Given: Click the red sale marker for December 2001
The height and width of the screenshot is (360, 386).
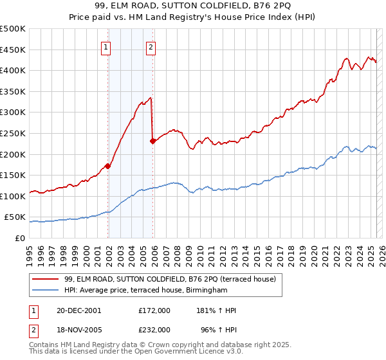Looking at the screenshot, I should click(108, 166).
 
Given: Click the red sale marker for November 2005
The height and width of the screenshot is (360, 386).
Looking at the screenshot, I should click(152, 141).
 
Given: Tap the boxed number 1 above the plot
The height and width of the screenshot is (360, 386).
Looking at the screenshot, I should click(106, 46).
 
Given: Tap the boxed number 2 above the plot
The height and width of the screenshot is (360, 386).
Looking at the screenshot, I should click(151, 46).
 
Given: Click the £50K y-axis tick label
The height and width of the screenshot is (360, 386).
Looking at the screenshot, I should click(15, 217).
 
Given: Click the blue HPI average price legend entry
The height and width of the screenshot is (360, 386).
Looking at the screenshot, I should click(146, 291).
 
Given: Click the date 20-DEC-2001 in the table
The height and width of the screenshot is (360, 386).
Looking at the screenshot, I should click(78, 310).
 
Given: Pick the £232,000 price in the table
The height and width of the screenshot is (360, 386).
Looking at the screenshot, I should click(154, 330).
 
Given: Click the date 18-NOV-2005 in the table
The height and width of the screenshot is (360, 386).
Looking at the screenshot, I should click(78, 330).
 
